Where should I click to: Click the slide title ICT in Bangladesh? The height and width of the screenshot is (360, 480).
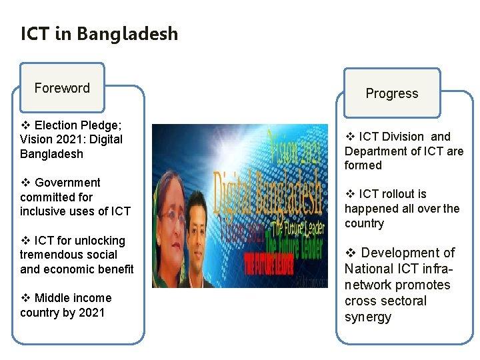point(99,33)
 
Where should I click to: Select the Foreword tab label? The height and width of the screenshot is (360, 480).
point(62,88)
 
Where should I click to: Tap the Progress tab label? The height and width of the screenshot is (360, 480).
point(391,94)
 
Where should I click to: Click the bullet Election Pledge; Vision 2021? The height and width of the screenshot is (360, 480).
point(71,139)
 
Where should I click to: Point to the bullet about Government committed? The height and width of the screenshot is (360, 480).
point(75,197)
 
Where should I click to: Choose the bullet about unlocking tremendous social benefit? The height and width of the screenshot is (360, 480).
point(77,255)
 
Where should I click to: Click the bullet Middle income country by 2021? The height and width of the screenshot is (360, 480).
point(65,305)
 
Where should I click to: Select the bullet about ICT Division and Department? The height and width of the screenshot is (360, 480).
point(403,151)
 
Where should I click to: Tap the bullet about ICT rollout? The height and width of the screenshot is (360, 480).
point(401,209)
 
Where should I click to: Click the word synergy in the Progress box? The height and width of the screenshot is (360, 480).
point(367,317)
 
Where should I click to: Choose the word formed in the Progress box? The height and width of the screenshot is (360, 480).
point(363,165)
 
